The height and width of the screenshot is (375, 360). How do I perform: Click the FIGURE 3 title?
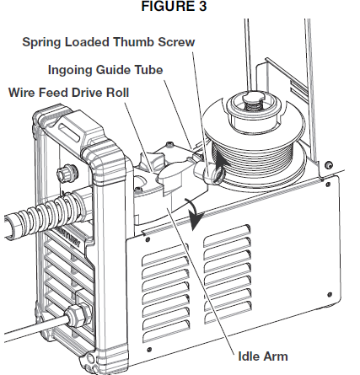click(174, 7)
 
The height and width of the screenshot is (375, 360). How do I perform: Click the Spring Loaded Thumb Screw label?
click(109, 42)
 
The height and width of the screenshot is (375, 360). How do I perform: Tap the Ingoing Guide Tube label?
click(105, 70)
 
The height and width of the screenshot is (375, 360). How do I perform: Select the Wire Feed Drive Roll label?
click(68, 93)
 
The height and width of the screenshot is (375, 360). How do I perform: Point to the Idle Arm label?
click(263, 356)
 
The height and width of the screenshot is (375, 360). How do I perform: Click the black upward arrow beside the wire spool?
click(220, 163)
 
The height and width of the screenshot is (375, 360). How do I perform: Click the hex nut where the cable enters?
click(75, 316)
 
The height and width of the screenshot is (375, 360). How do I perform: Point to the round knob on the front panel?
click(65, 172)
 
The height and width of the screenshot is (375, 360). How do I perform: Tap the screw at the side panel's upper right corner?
click(328, 185)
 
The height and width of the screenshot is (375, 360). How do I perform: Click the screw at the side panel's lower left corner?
click(149, 350)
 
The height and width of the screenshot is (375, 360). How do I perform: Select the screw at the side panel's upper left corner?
click(148, 239)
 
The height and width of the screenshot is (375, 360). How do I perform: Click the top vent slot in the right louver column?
click(227, 233)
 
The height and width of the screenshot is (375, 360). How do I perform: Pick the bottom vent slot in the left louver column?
click(166, 331)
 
